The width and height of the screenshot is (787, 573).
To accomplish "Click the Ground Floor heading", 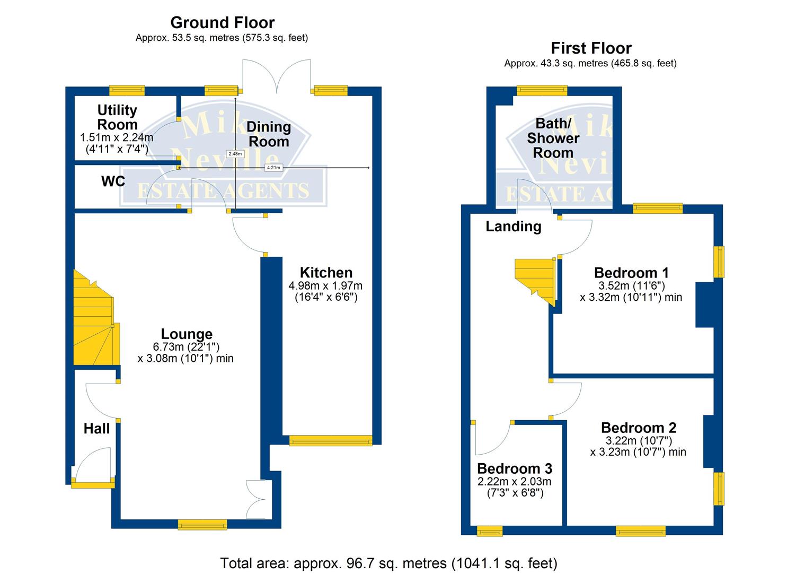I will click(222, 23).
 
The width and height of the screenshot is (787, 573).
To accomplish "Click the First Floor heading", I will click(591, 48).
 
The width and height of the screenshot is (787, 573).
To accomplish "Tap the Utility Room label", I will click(117, 117).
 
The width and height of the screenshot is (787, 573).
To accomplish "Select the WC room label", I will click(113, 181).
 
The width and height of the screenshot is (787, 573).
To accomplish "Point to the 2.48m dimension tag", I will click(235, 154).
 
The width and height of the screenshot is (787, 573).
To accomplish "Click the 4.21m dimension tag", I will click(273, 168).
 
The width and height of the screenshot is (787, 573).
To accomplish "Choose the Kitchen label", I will click(326, 273).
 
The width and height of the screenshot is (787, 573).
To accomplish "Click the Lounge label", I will click(187, 334).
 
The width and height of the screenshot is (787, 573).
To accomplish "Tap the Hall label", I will click(96, 429).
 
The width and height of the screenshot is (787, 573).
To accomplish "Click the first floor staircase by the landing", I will click(535, 279).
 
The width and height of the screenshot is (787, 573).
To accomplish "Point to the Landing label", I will click(514, 227).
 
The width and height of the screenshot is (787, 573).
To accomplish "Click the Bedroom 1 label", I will click(631, 273).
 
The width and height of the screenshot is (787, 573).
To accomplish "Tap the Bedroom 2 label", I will click(638, 428).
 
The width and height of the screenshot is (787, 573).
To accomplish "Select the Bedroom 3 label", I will click(515, 468).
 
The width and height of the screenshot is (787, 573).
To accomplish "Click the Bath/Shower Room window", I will click(542, 91).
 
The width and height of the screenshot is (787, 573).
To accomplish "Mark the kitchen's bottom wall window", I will click(331, 440).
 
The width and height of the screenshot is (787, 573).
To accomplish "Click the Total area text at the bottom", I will click(388, 563).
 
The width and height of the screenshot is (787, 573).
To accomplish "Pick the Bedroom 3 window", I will click(489, 531).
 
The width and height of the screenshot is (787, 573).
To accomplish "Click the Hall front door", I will click(93, 483).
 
